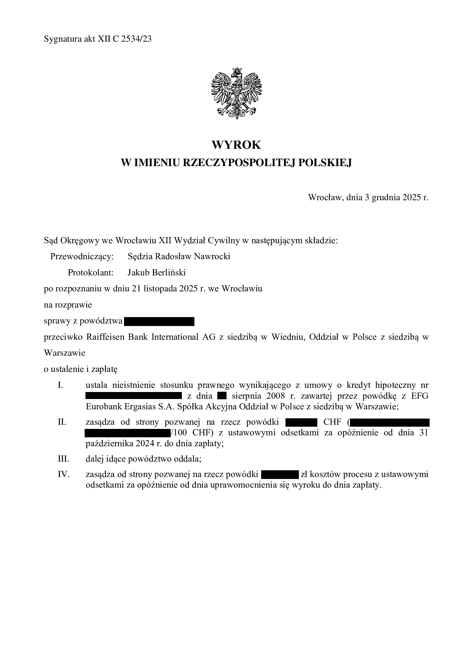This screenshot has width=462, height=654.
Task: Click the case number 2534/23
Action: pos(136,39)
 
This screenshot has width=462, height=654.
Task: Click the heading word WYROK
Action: pos(236,145)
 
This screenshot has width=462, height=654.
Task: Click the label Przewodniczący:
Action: pos(82,256)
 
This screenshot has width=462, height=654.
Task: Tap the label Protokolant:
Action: pos(91,273)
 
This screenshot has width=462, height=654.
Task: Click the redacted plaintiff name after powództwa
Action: pos(159,321)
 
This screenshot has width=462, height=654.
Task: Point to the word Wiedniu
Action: pos(288,337)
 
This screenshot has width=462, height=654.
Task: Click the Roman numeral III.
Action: pos(63,459)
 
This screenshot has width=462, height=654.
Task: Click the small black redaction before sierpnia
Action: pos(222,396)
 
